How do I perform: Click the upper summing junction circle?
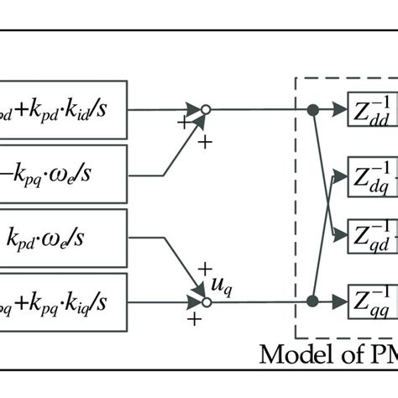pos(204,109)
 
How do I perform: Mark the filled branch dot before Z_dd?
pos(312,110)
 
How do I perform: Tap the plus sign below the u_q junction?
pos(196,321)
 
